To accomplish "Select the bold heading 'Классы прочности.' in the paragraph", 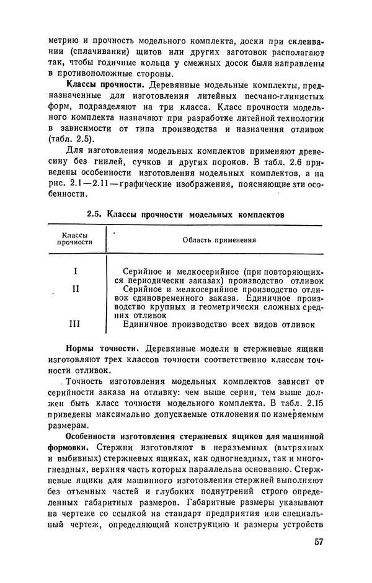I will tap(103, 83).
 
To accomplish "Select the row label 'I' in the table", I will tap(75, 272).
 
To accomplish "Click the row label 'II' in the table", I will tap(75, 288).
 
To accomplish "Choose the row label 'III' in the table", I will tap(75, 323).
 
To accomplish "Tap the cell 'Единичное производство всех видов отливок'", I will tap(219, 323).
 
